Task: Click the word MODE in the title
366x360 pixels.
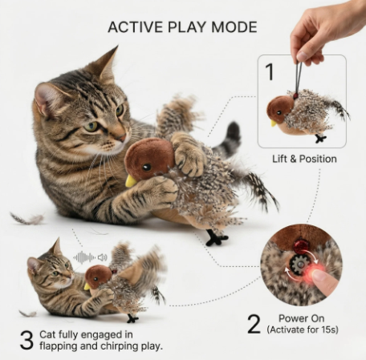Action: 234,27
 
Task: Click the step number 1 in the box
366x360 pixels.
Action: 270,71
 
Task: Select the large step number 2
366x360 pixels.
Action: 254,324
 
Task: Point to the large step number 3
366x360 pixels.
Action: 26,340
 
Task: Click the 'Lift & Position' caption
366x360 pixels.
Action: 304,159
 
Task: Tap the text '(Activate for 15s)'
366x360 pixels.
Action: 303,330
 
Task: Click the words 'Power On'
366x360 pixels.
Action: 302,318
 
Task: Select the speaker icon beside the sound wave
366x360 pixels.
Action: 103,257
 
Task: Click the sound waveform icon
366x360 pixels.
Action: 84,257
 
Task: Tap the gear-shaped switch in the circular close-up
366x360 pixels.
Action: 297,265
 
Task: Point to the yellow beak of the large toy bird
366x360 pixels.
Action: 131,181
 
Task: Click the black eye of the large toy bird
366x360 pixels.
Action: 147,168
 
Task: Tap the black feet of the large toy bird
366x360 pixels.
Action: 216,238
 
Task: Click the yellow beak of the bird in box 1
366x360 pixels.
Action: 274,123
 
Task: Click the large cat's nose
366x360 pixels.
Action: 123,138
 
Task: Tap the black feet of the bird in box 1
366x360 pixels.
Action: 320,139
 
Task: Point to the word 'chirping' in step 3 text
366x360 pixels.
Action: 120,346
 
